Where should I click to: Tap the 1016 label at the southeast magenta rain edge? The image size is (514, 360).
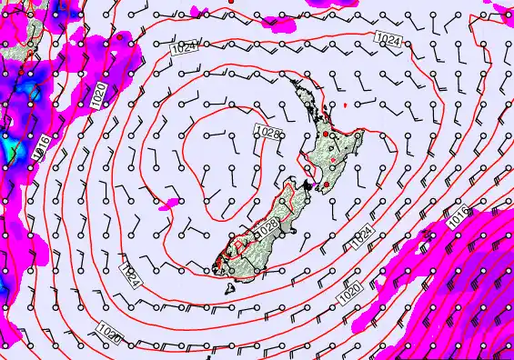[x=458, y=215]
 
